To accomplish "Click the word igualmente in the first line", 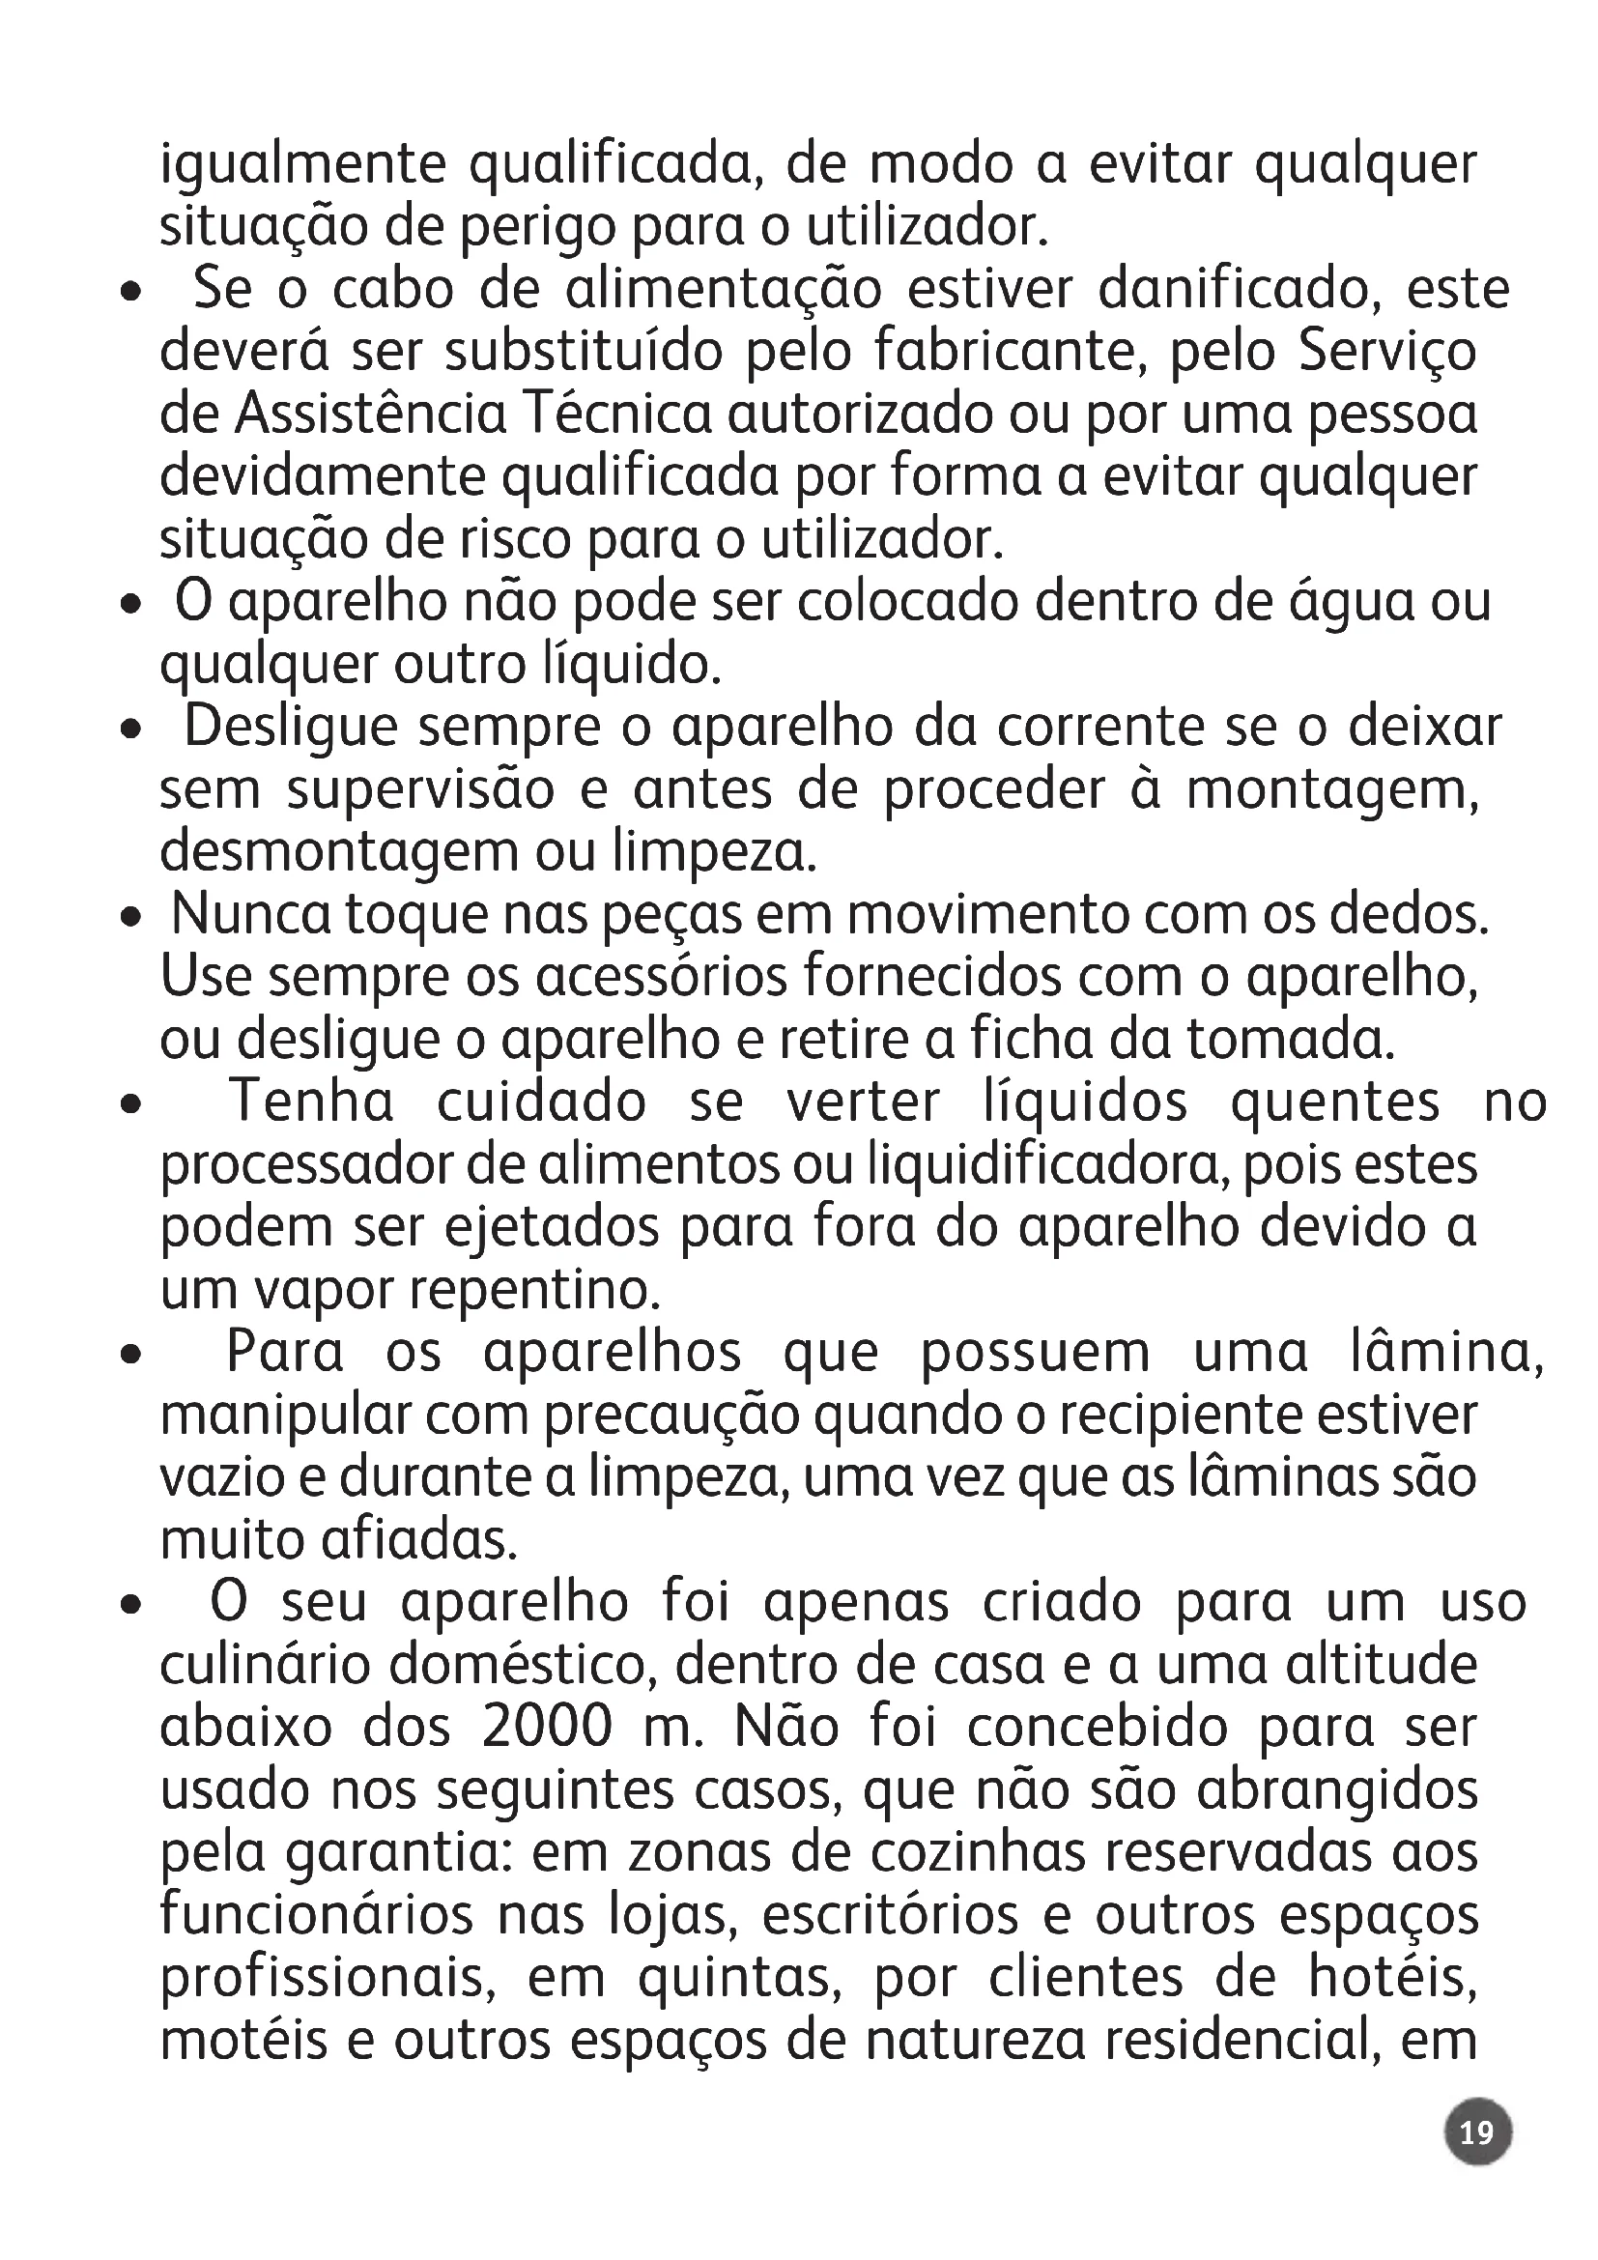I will click(303, 164).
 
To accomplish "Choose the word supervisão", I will click(420, 790).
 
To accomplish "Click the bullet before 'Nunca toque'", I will click(129, 917).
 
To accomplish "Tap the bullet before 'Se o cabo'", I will click(129, 293).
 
